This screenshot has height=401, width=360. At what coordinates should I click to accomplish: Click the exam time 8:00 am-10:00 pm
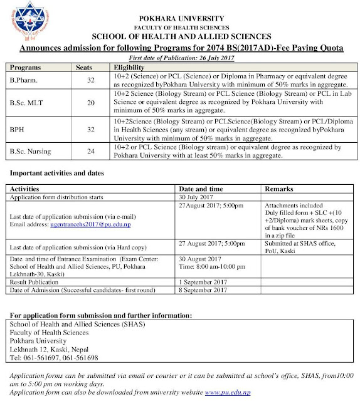click(216, 267)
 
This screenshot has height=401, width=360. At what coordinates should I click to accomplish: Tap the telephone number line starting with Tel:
click(52, 357)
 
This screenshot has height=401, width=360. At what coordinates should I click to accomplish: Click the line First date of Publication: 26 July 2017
click(180, 57)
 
